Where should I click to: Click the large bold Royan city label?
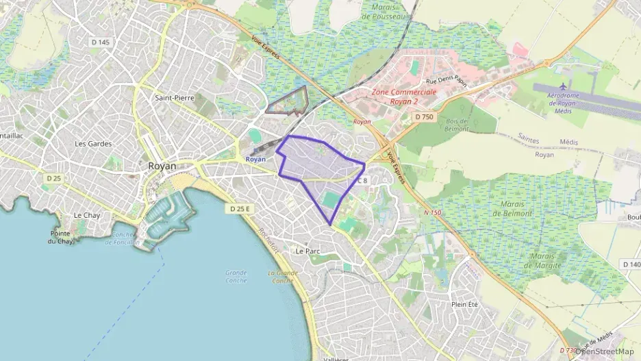coord(162,166)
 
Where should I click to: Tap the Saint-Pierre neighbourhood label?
coord(174,98)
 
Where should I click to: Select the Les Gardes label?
coord(92,144)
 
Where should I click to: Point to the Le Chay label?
coord(87,215)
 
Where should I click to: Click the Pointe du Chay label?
coord(60,237)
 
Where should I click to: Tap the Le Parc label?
coord(307,251)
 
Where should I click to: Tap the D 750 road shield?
coord(424,117)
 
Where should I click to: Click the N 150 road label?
coord(432,212)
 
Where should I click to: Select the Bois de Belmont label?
coord(457,125)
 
